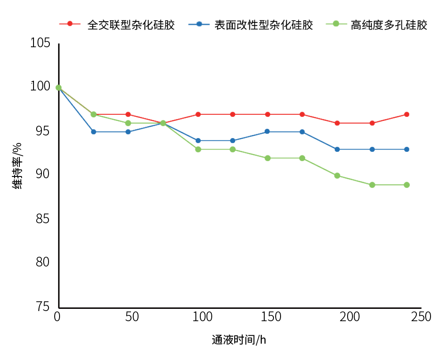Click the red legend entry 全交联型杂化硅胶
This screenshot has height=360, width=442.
point(117,25)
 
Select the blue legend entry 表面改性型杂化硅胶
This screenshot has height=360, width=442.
point(251,25)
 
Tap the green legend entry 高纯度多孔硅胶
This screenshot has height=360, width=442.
point(377,25)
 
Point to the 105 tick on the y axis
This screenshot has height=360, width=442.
point(40,43)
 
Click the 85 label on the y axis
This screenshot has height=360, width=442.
point(42,218)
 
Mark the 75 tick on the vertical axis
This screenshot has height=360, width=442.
point(42,306)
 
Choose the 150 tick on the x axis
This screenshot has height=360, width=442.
point(271,317)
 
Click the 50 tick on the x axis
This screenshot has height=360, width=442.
point(132,317)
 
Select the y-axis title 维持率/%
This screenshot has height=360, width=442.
point(17,166)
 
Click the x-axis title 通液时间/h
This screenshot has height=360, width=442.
point(239,340)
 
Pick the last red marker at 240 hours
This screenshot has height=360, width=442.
point(406,114)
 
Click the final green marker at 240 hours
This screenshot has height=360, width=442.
point(406,185)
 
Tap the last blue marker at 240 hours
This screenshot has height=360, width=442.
point(406,150)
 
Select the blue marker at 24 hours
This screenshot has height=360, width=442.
point(94,132)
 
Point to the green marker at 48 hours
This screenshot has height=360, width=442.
point(128,123)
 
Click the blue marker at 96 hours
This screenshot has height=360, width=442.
point(198,141)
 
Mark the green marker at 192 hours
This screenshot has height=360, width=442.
point(337,176)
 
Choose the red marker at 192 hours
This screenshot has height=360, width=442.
point(337,123)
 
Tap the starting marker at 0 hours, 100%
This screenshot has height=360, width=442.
point(58,88)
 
